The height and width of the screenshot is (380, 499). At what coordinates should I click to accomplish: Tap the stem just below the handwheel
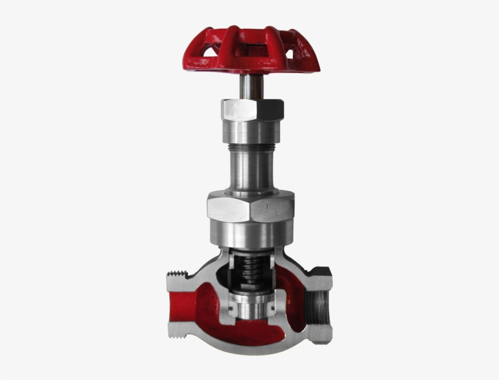click(x=249, y=85)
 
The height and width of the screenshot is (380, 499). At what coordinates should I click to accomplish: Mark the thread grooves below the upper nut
click(x=251, y=146)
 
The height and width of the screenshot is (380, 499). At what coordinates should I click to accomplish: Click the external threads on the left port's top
click(x=180, y=277)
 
